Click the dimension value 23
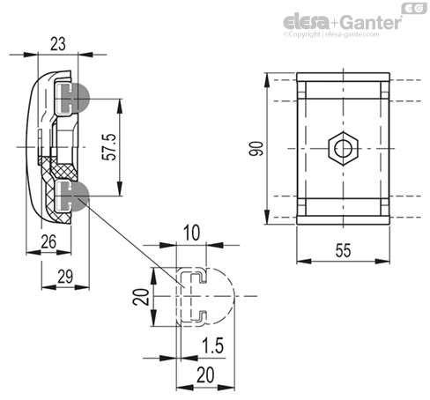coord(58,44)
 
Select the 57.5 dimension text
coord(109,147)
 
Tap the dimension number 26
coord(48,241)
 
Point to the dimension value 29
coord(65,277)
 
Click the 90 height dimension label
coord(256,149)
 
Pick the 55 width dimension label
coord(343,250)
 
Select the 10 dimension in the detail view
coord(191,233)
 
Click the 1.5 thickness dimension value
coord(213,345)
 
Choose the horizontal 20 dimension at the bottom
coord(205,374)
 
